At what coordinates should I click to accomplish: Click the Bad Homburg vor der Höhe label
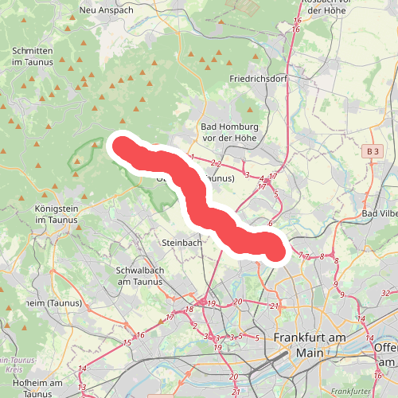coord(229,133)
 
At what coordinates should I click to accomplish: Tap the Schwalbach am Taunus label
coord(139,276)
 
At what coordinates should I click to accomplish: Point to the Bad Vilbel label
coord(380,214)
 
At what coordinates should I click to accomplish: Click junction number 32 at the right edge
coord(384,293)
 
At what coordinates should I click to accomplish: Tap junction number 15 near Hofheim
coord(127,342)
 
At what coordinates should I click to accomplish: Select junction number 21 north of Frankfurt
coord(274,306)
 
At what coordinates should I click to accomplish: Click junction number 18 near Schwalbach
coord(189,310)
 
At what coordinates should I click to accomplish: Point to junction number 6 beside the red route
coord(271,224)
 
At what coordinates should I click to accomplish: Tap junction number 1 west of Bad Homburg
coord(193,157)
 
